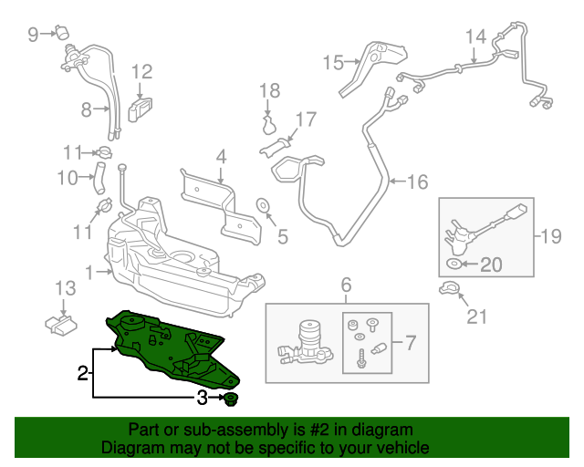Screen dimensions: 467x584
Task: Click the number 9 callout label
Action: coord(33,36)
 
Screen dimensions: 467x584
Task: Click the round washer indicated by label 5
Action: coord(262,204)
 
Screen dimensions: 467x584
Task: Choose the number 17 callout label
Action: coord(305,119)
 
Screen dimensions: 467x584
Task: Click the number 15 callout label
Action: coord(332,62)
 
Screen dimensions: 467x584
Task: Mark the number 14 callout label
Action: coord(475,36)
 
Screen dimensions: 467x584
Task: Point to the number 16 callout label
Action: coord(416,182)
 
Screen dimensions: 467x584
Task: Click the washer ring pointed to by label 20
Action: coord(454,265)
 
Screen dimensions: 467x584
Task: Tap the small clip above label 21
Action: coord(447,290)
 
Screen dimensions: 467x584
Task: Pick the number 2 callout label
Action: coord(82,372)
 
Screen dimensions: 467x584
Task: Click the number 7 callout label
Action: coord(410,344)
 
